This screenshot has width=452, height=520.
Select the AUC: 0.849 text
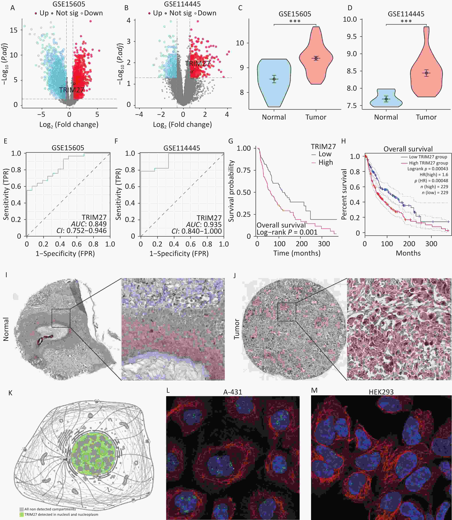click(89, 224)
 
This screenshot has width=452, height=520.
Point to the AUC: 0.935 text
click(204, 225)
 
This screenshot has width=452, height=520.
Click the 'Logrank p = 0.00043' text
click(428, 168)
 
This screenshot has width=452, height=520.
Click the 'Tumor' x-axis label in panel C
click(316, 117)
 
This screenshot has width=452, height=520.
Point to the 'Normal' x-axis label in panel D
click(386, 117)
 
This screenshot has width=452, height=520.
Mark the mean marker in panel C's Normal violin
click(274, 79)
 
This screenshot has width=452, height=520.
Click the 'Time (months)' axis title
click(297, 253)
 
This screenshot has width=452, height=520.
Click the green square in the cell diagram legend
click(22, 514)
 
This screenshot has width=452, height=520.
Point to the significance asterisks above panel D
click(406, 21)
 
